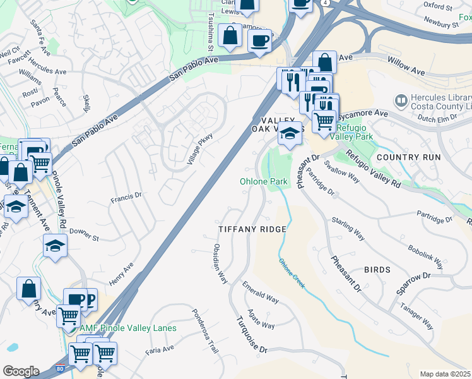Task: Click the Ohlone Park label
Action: coord(264,182)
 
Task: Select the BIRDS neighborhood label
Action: coord(377,270)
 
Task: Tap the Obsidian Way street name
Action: coord(220,263)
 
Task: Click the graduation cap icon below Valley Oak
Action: coord(289,134)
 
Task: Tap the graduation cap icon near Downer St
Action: coord(56,245)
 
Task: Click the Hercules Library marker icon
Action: coord(400,100)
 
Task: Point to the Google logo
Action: coord(21,371)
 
